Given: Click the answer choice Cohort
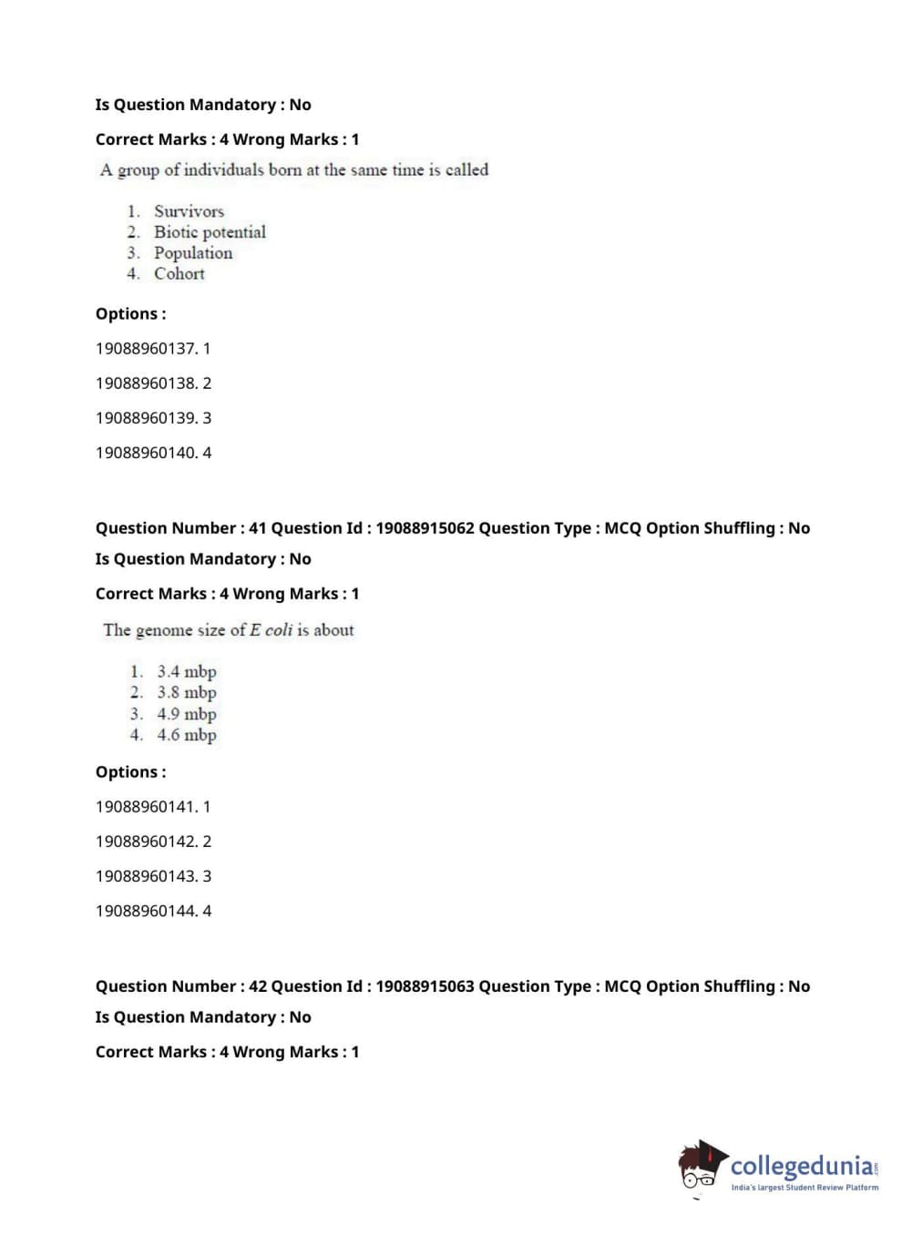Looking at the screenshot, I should tap(179, 274).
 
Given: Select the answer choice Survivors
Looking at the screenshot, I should tap(189, 211).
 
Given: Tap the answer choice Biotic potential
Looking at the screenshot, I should tap(210, 232).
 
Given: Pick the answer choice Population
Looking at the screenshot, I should tap(193, 253).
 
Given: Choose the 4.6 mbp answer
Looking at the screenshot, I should tap(186, 735).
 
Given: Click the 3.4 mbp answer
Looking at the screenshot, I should tap(186, 672).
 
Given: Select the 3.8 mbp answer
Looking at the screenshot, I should tap(186, 693).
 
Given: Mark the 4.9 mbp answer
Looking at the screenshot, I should tap(186, 714).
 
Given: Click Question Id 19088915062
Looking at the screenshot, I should tap(425, 528).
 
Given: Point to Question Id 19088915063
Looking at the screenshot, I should tap(425, 986).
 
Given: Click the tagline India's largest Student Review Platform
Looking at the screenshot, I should tap(804, 1188).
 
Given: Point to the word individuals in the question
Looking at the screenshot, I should tap(224, 170).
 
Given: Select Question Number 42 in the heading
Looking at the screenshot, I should tap(180, 986).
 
